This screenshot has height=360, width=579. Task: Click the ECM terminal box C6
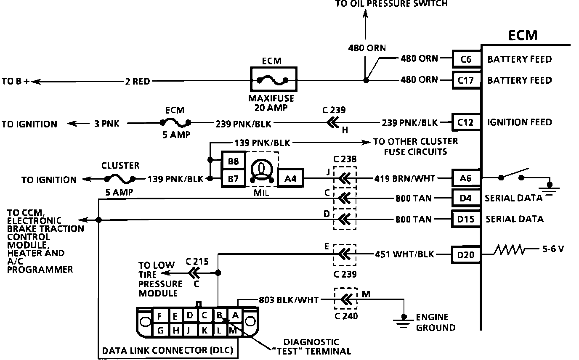coord(466,59)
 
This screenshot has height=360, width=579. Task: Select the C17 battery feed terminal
coord(466,80)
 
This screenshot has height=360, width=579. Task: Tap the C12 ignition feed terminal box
coord(466,122)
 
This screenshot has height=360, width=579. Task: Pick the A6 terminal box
coord(466,178)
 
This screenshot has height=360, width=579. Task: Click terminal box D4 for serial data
coord(466,198)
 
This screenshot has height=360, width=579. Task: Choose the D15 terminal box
coord(466,219)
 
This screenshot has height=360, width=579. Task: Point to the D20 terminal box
coord(466,254)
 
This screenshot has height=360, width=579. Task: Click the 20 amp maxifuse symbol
coord(273,79)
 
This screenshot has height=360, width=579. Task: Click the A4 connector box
coord(290,179)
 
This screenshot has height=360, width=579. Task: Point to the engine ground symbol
coord(404,320)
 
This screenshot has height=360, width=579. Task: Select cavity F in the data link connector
coord(159,315)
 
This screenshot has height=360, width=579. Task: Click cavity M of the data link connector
coord(233,331)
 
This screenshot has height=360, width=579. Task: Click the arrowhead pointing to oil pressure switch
coord(365,15)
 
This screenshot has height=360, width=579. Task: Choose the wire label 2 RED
coord(138,81)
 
